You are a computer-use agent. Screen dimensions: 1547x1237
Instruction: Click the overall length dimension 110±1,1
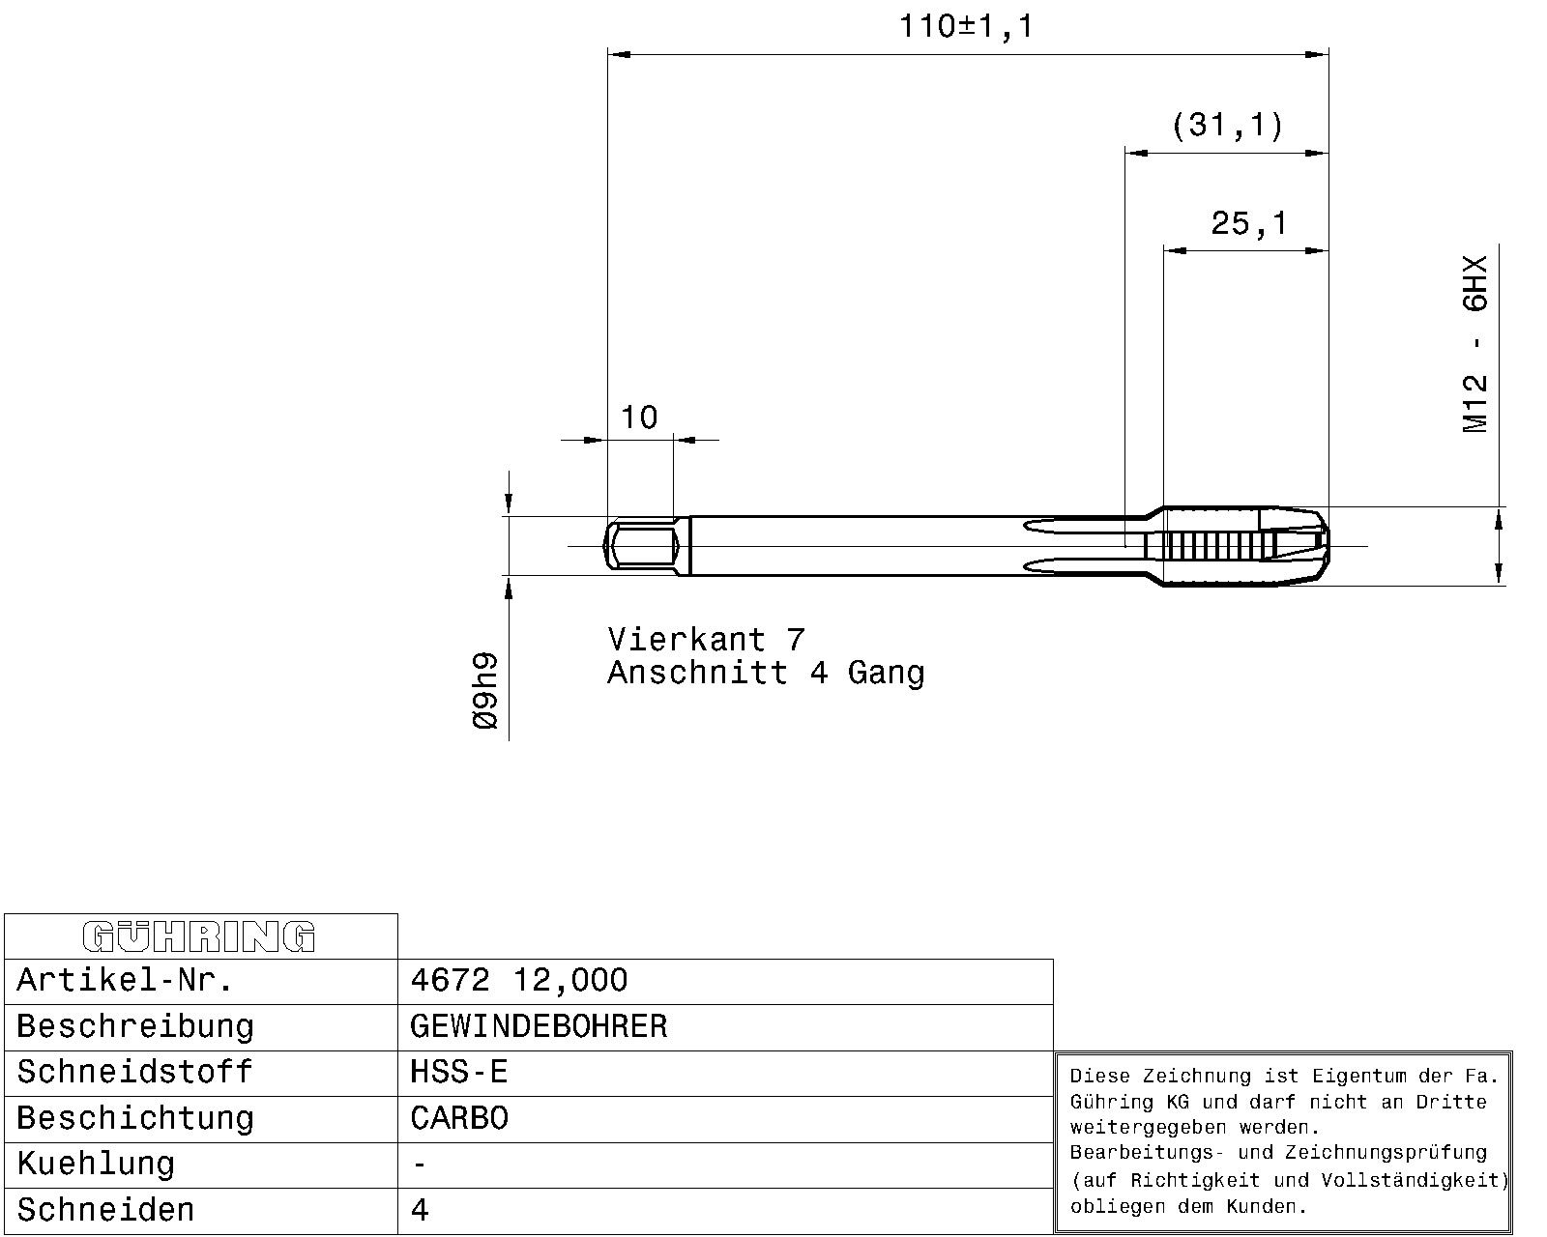[966, 27]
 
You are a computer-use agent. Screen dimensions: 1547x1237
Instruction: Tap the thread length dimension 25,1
[1248, 223]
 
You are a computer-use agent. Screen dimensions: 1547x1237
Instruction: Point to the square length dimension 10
[638, 417]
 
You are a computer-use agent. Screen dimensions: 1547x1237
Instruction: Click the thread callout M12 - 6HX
[1474, 344]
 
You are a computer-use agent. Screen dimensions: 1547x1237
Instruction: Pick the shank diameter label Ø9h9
[485, 691]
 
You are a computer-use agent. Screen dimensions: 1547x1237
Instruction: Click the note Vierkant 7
[706, 640]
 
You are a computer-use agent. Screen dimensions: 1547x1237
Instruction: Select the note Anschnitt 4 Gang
[766, 674]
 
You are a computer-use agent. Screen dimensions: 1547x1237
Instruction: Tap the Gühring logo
[199, 936]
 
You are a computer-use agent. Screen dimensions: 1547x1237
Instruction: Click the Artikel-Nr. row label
[125, 980]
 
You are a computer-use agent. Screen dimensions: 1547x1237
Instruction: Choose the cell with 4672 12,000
[519, 980]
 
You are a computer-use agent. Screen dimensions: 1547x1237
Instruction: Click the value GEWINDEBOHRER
[539, 1026]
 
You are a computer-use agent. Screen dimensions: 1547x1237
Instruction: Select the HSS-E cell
[458, 1073]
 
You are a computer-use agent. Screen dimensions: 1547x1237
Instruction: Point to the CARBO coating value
[458, 1118]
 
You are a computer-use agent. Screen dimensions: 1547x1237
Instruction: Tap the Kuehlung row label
[96, 1165]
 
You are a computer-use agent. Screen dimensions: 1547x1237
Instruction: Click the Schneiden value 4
[420, 1210]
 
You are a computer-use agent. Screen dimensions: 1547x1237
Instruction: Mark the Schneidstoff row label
[134, 1073]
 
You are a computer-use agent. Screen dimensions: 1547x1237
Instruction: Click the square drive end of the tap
[640, 546]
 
